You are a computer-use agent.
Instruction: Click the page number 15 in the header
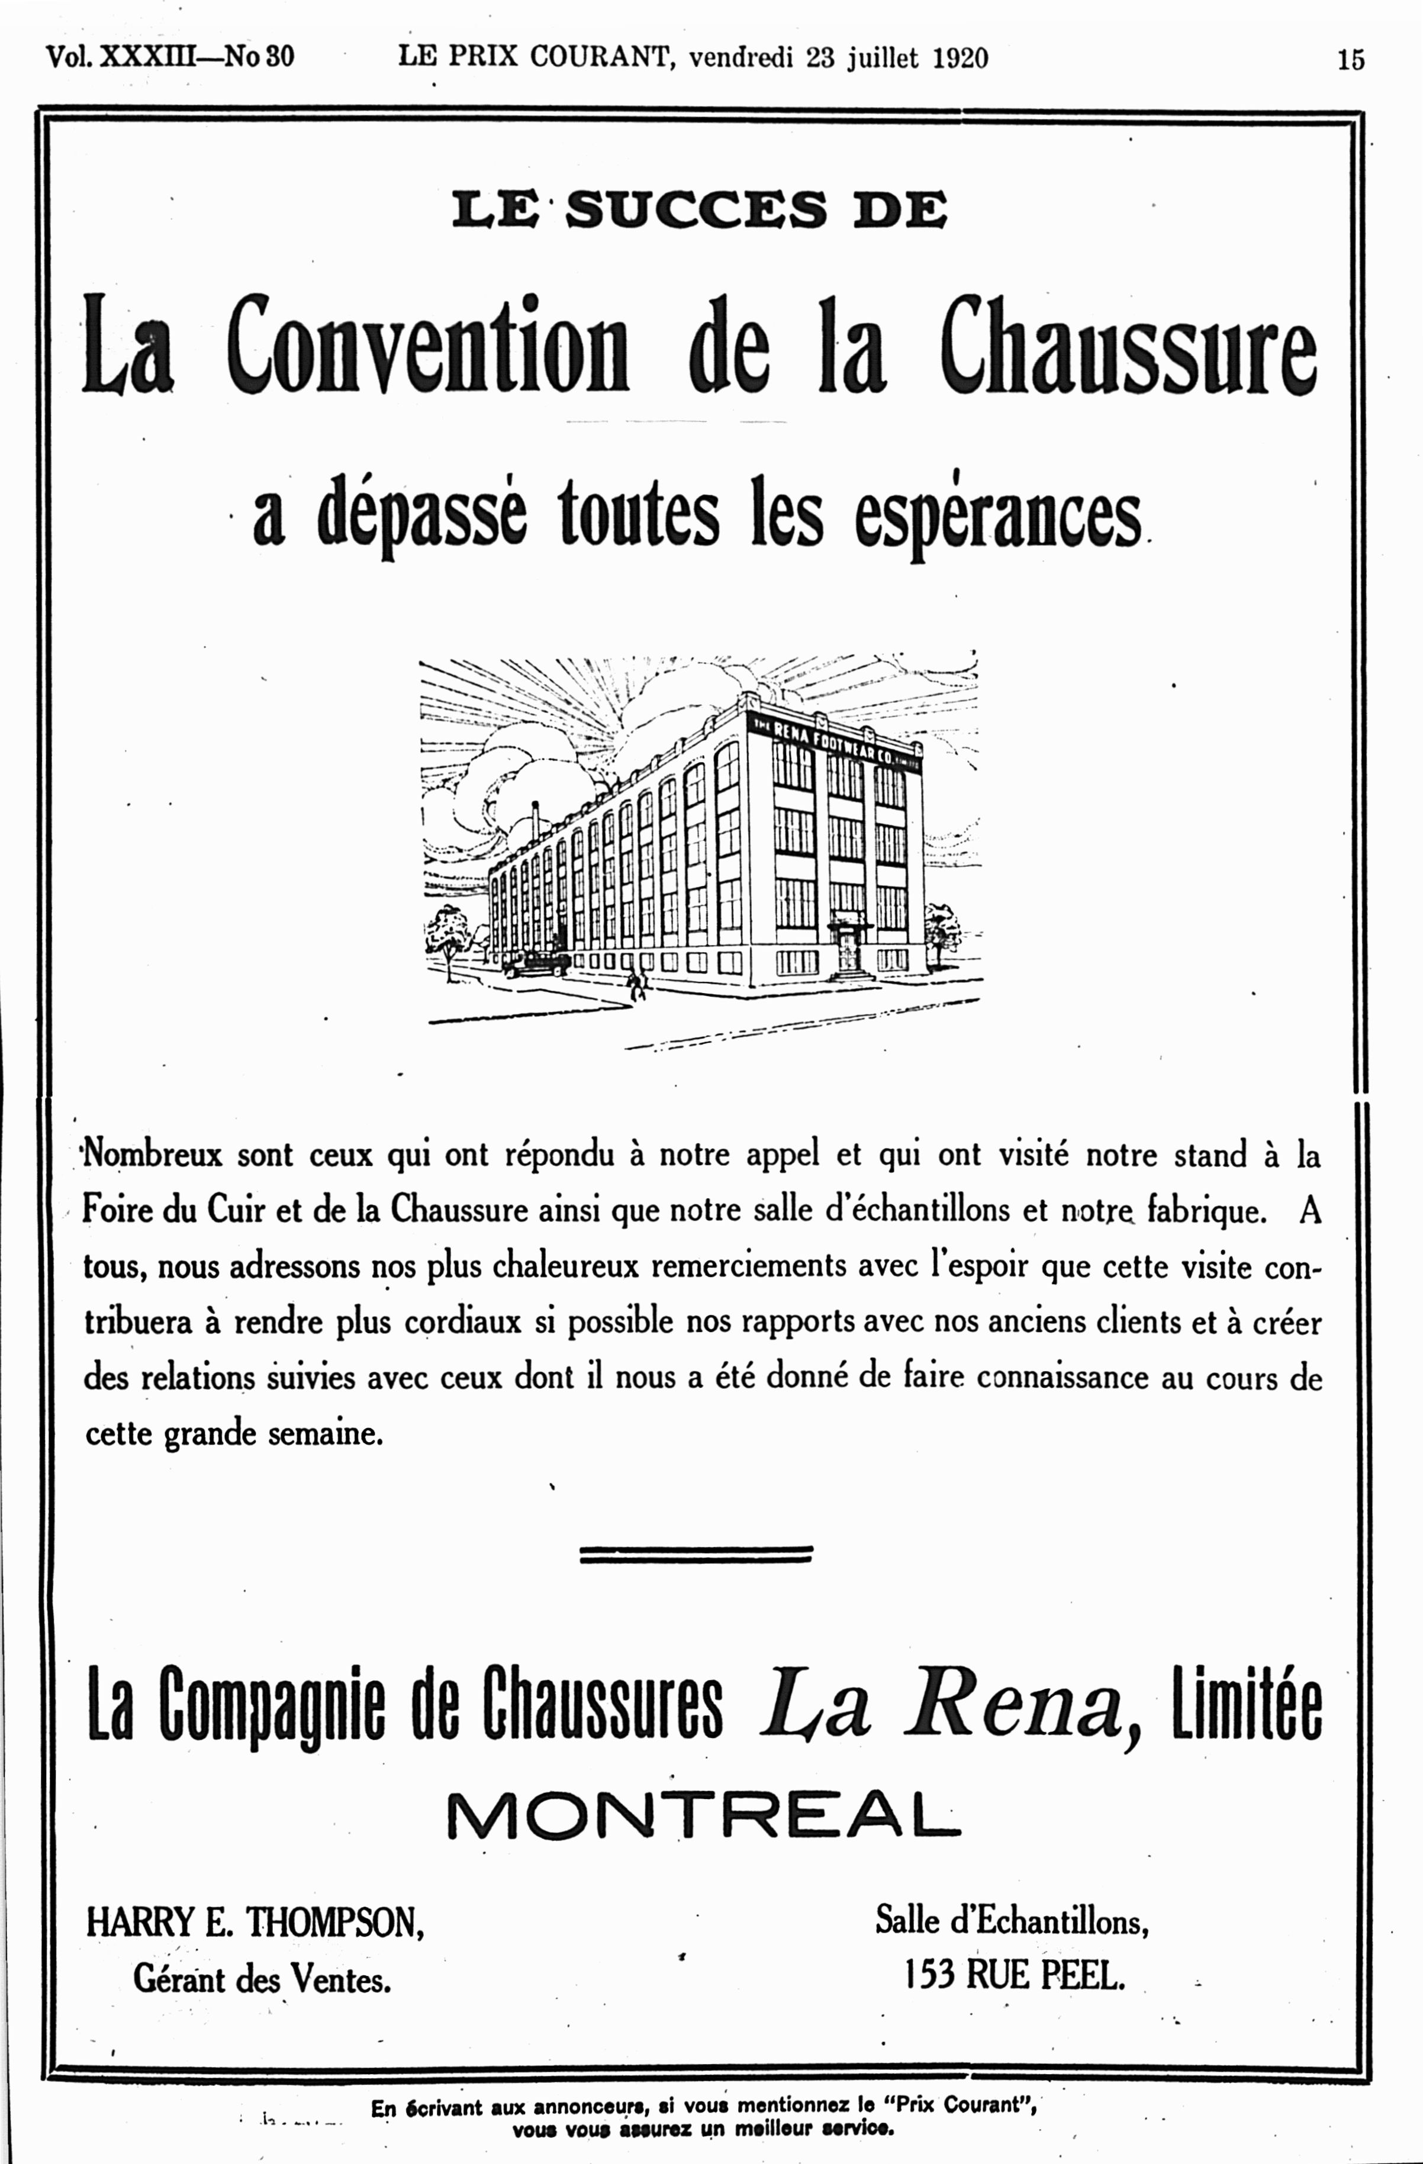(1350, 59)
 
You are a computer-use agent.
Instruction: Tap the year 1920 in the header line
(960, 58)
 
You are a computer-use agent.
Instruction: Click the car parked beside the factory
(534, 964)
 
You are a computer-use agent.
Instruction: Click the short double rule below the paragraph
(696, 1555)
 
